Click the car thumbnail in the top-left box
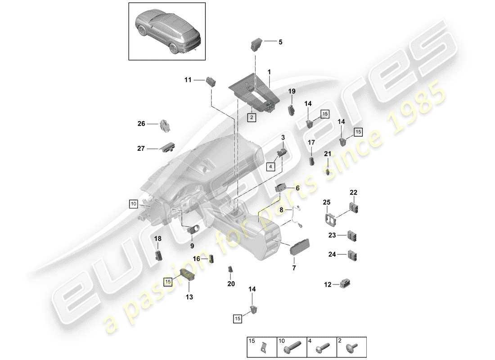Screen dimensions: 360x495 pyautogui.click(x=167, y=31)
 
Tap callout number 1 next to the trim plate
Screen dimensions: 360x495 pyautogui.click(x=269, y=72)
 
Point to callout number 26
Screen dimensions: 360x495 pyautogui.click(x=141, y=123)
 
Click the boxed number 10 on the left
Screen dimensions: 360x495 pyautogui.click(x=133, y=204)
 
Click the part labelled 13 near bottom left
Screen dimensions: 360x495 pyautogui.click(x=186, y=273)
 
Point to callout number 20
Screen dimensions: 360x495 pyautogui.click(x=231, y=284)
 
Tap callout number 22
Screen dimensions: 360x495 pyautogui.click(x=353, y=193)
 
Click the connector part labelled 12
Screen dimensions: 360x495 pyautogui.click(x=345, y=284)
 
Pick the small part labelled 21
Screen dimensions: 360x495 pyautogui.click(x=328, y=171)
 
